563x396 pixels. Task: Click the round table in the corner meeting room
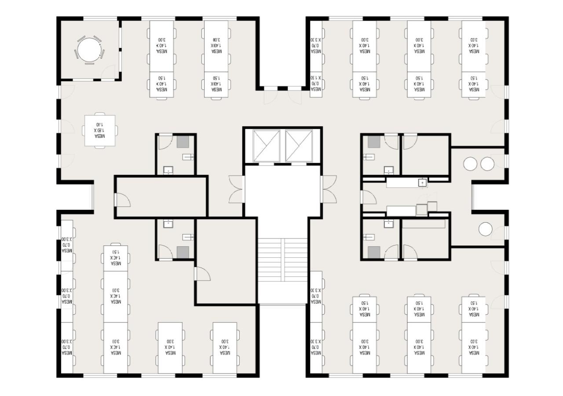[89, 49]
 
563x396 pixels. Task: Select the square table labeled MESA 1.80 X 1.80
[100, 131]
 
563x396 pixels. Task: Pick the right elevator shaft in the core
[299, 146]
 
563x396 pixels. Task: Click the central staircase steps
[282, 260]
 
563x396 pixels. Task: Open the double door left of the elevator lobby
[235, 189]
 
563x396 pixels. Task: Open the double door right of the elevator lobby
[329, 189]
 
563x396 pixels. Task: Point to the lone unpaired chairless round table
[485, 229]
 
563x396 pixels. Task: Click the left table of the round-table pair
[470, 164]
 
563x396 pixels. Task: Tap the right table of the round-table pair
[487, 164]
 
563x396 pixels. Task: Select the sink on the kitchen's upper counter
[423, 182]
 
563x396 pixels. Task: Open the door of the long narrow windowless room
[122, 200]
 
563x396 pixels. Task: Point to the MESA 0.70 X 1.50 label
[315, 84]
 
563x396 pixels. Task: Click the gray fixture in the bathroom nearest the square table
[183, 142]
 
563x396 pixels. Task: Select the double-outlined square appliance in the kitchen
[422, 210]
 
